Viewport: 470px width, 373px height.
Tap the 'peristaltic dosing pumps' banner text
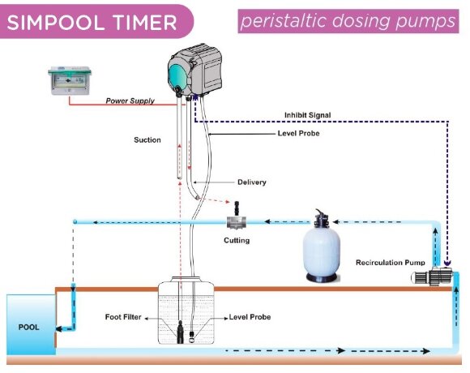[348, 21]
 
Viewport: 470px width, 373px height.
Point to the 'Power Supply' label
[129, 101]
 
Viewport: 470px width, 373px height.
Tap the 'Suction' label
[147, 139]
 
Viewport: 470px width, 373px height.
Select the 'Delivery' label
[250, 182]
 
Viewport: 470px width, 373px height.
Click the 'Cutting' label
[237, 240]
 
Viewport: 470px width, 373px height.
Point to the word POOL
[28, 328]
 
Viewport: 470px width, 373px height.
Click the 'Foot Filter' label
[123, 316]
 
